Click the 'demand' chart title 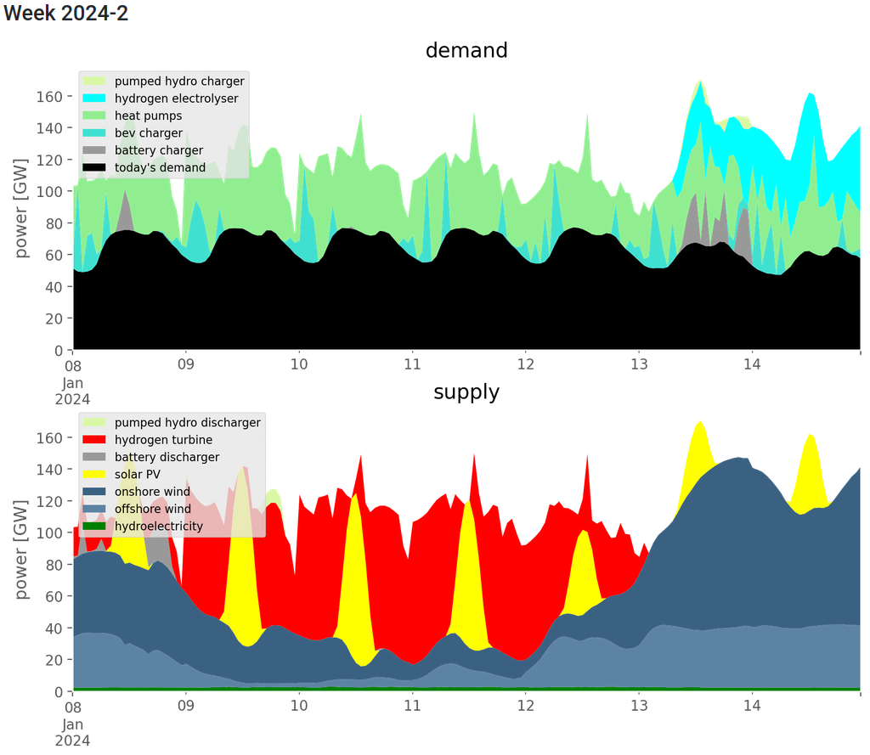click(x=466, y=50)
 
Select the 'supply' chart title click(x=466, y=392)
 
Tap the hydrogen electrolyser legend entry click(x=176, y=99)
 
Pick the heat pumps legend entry click(x=148, y=116)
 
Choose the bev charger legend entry click(x=148, y=133)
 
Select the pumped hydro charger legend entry click(x=179, y=82)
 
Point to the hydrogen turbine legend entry click(x=163, y=440)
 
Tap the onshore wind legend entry click(x=152, y=492)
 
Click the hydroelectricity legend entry click(x=158, y=526)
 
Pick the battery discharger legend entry click(x=167, y=457)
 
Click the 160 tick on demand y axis click(x=52, y=97)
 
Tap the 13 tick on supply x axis click(x=639, y=707)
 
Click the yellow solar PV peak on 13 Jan click(x=699, y=450)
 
